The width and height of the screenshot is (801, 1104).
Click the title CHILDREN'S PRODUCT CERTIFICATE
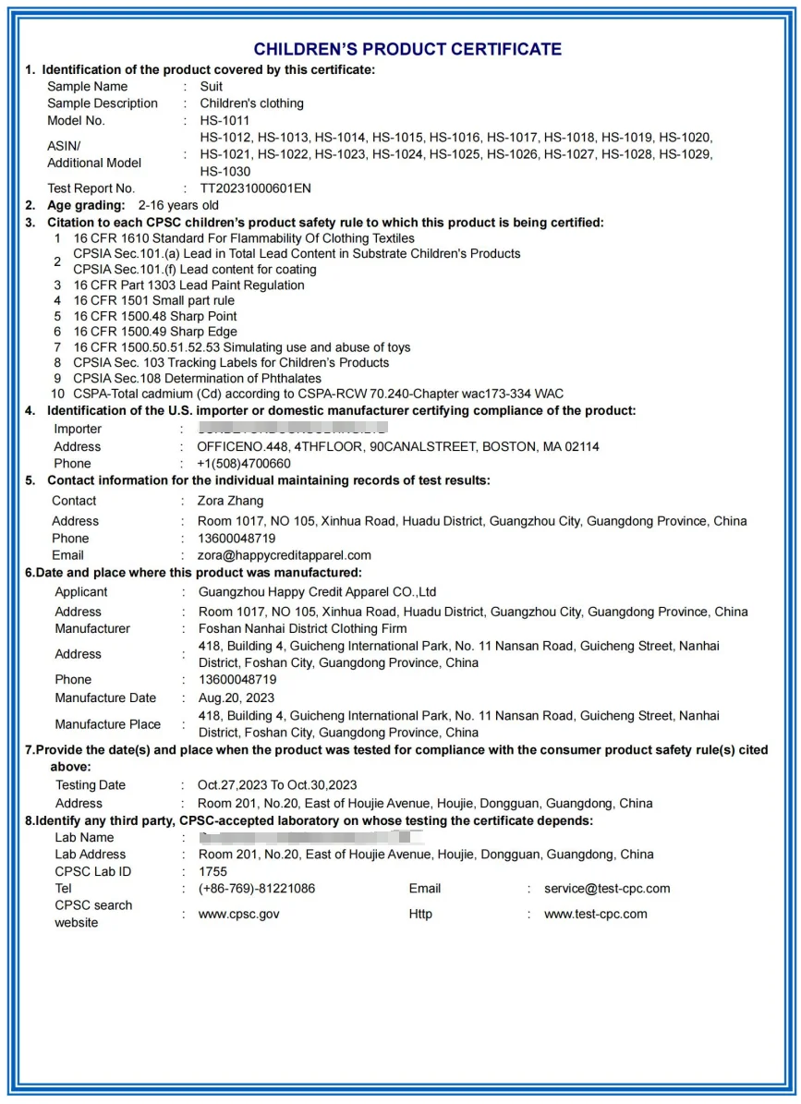[407, 49]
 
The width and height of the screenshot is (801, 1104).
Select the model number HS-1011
[225, 121]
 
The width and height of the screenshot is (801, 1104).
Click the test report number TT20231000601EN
[256, 188]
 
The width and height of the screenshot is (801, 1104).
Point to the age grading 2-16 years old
[178, 205]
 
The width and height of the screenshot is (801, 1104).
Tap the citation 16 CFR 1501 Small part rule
[154, 300]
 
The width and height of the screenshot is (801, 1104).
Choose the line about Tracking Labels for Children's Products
[231, 363]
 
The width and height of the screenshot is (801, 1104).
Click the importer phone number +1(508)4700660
[244, 464]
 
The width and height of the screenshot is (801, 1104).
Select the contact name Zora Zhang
[230, 501]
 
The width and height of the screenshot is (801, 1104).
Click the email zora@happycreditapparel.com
[285, 555]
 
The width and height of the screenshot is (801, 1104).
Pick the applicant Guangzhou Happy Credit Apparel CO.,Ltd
[317, 592]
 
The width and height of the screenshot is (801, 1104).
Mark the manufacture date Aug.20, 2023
[237, 698]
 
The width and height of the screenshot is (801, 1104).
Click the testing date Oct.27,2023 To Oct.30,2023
[277, 785]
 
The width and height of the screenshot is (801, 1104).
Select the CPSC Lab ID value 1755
[212, 871]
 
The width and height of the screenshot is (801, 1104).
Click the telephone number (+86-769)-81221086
[257, 889]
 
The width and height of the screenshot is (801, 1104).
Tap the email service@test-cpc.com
[607, 889]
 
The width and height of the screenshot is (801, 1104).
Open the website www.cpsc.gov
[238, 915]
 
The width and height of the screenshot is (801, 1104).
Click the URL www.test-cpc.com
[595, 915]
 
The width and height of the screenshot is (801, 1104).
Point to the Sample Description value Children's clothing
[251, 103]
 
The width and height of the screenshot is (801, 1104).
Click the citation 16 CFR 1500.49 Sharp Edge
[155, 332]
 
